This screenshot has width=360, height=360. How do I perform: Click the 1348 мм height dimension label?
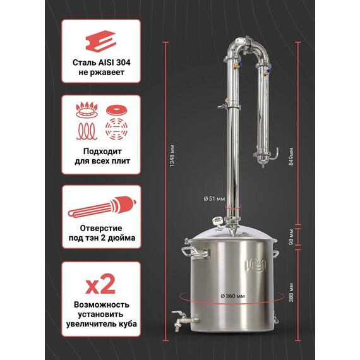click(172, 156)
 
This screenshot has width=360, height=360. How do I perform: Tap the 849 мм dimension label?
click(291, 157)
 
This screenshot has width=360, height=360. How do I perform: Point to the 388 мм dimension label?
click(291, 292)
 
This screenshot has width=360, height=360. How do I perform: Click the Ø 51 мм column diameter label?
click(214, 199)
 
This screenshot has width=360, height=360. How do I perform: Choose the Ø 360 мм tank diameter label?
click(232, 296)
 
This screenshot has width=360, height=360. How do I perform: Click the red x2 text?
click(100, 284)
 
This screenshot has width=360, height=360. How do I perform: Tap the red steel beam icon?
click(101, 40)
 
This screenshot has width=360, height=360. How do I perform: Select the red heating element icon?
click(102, 207)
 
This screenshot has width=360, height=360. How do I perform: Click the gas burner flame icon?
click(87, 110)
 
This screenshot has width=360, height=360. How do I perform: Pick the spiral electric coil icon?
click(87, 131)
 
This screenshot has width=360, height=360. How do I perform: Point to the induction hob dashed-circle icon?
click(116, 129)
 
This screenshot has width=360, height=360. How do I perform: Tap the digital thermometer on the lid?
click(217, 221)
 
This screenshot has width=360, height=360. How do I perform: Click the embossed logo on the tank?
click(256, 266)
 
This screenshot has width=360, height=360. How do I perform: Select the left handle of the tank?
click(195, 253)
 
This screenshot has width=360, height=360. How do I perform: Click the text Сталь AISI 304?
click(102, 63)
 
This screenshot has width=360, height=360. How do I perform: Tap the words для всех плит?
click(102, 161)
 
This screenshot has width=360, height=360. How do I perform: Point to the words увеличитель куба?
click(102, 324)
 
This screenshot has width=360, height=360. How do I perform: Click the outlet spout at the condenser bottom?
click(275, 155)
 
